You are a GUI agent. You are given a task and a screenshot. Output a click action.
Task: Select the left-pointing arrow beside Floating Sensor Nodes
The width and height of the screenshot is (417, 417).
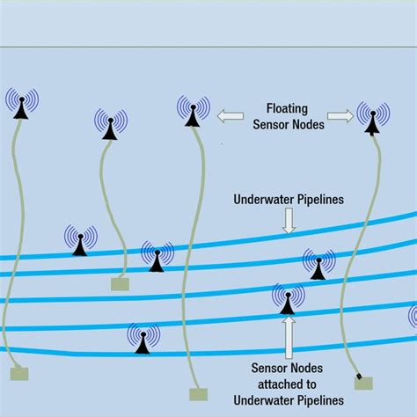click(231, 115)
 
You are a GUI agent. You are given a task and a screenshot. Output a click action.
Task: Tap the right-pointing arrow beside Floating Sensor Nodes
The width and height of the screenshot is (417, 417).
click(340, 115)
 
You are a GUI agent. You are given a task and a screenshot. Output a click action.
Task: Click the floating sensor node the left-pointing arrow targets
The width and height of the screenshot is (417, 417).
click(193, 112)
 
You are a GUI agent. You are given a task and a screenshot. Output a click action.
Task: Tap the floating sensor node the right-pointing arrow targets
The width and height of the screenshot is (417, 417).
click(373, 119)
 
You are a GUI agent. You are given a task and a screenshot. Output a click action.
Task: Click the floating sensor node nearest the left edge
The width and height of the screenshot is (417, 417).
click(21, 104)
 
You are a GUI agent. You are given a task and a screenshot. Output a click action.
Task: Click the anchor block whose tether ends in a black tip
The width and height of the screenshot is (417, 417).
click(362, 383)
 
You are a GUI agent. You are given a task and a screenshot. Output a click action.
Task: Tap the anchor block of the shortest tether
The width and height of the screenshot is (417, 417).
click(119, 284)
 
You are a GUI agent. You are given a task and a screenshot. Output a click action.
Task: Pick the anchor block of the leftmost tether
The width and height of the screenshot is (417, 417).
click(18, 373)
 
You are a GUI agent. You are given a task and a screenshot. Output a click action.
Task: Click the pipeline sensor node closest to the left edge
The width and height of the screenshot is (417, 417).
click(80, 241)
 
